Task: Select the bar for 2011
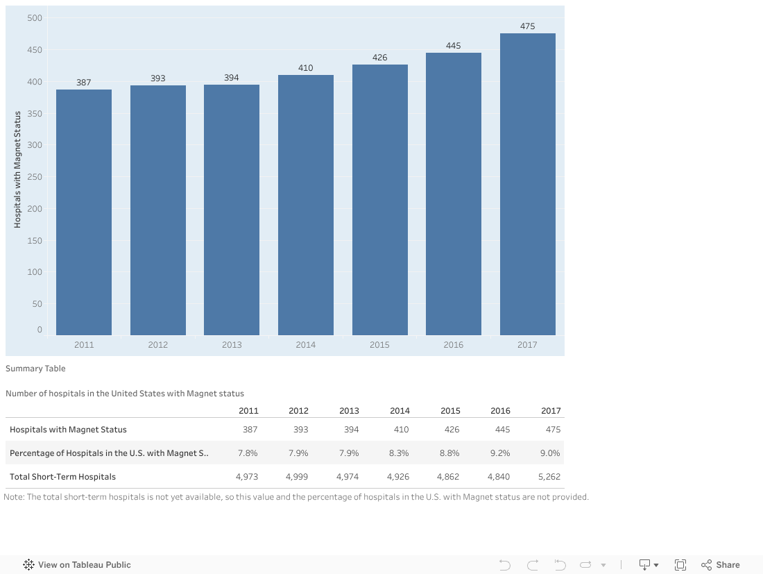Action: (84, 212)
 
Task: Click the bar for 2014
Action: (306, 205)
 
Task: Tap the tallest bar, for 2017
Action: (527, 184)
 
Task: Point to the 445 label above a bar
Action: (453, 46)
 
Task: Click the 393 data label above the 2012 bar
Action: (158, 78)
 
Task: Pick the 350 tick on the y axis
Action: (35, 114)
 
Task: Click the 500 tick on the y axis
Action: (35, 18)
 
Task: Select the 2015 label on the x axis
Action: (379, 345)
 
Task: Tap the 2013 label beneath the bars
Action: (232, 345)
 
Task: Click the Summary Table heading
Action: (35, 369)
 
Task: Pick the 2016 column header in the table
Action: (500, 411)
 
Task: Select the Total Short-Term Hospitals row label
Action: (62, 477)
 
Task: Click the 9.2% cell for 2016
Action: (499, 453)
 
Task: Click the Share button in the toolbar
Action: (721, 565)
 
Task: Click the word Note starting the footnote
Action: (13, 497)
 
